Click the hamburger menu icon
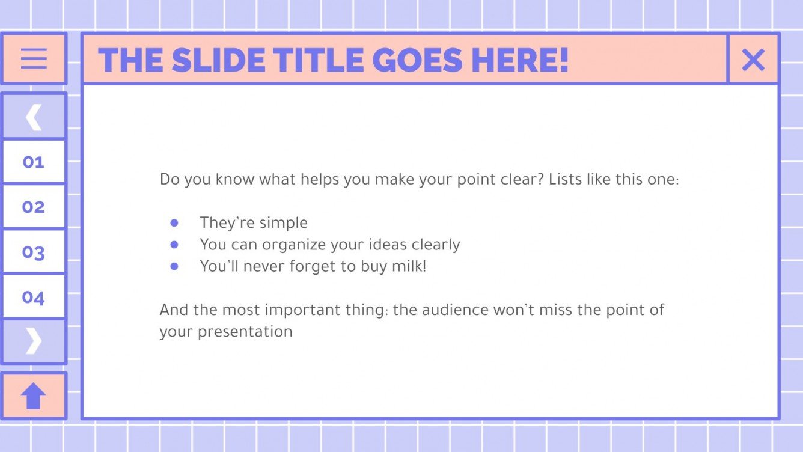click(34, 59)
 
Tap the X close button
click(753, 60)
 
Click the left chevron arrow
click(34, 117)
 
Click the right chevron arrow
click(34, 341)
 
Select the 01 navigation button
click(34, 162)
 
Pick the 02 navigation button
click(34, 207)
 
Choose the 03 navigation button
click(34, 252)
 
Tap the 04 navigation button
click(34, 297)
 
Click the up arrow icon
click(34, 396)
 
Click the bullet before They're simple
click(174, 223)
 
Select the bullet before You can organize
click(174, 245)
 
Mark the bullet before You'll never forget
click(174, 266)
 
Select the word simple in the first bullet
click(282, 223)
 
